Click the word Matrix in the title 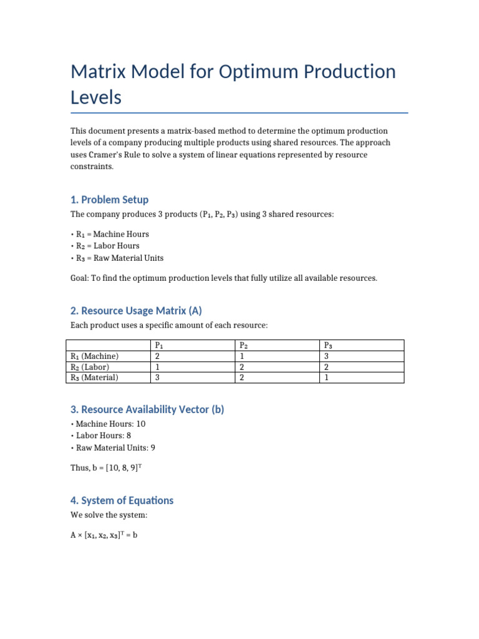(102, 72)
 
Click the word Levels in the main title (96, 97)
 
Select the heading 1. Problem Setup (109, 200)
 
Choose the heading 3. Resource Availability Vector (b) (147, 409)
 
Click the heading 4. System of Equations (122, 500)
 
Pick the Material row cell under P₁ (157, 377)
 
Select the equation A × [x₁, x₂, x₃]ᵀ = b (104, 535)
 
